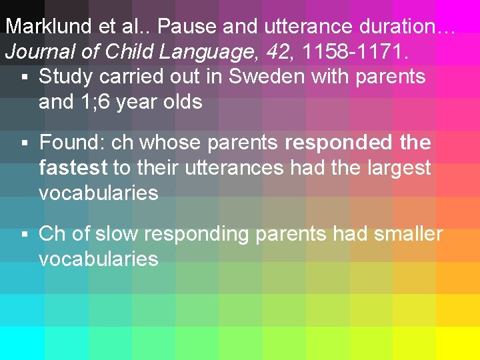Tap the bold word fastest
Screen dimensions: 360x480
pyautogui.click(x=73, y=167)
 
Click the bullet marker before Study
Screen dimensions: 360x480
pyautogui.click(x=24, y=77)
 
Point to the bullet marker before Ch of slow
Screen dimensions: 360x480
pyautogui.click(x=24, y=235)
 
